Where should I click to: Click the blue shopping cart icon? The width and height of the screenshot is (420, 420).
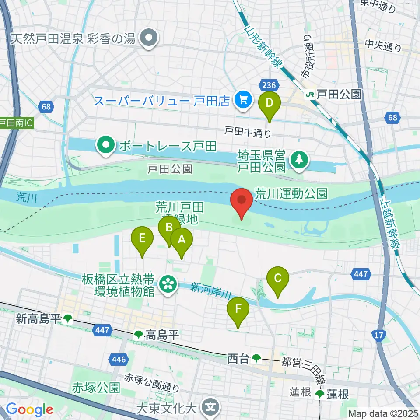241,101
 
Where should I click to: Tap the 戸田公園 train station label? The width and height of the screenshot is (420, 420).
335,94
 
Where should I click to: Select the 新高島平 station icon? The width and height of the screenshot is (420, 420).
67,319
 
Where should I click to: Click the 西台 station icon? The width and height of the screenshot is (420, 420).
256,359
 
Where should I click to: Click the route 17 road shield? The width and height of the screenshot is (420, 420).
379,335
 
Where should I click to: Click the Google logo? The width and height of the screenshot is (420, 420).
29,409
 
